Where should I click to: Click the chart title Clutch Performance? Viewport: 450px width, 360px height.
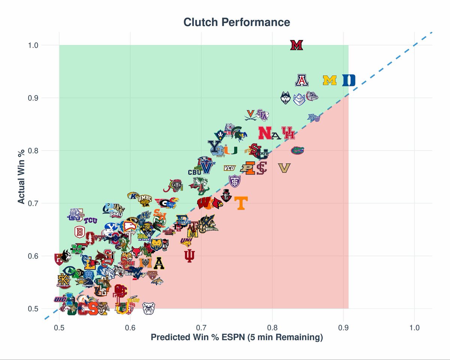(x=237, y=22)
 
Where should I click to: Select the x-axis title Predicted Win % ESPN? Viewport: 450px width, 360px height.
(x=237, y=337)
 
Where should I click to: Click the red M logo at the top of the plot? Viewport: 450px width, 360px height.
(x=297, y=45)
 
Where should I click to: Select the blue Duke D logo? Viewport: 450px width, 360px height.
(x=349, y=80)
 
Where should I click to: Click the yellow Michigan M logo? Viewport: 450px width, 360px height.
(x=330, y=80)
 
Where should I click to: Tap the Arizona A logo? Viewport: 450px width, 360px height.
(x=301, y=80)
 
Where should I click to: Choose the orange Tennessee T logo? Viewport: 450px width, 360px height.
(x=241, y=203)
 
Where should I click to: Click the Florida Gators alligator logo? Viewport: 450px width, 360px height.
(x=297, y=151)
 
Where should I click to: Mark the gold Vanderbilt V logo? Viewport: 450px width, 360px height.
(x=285, y=168)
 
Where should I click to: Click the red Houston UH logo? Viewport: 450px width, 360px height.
(x=288, y=133)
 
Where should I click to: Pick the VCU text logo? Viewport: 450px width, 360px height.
(x=229, y=168)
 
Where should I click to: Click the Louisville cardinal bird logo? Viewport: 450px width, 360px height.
(x=217, y=204)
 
